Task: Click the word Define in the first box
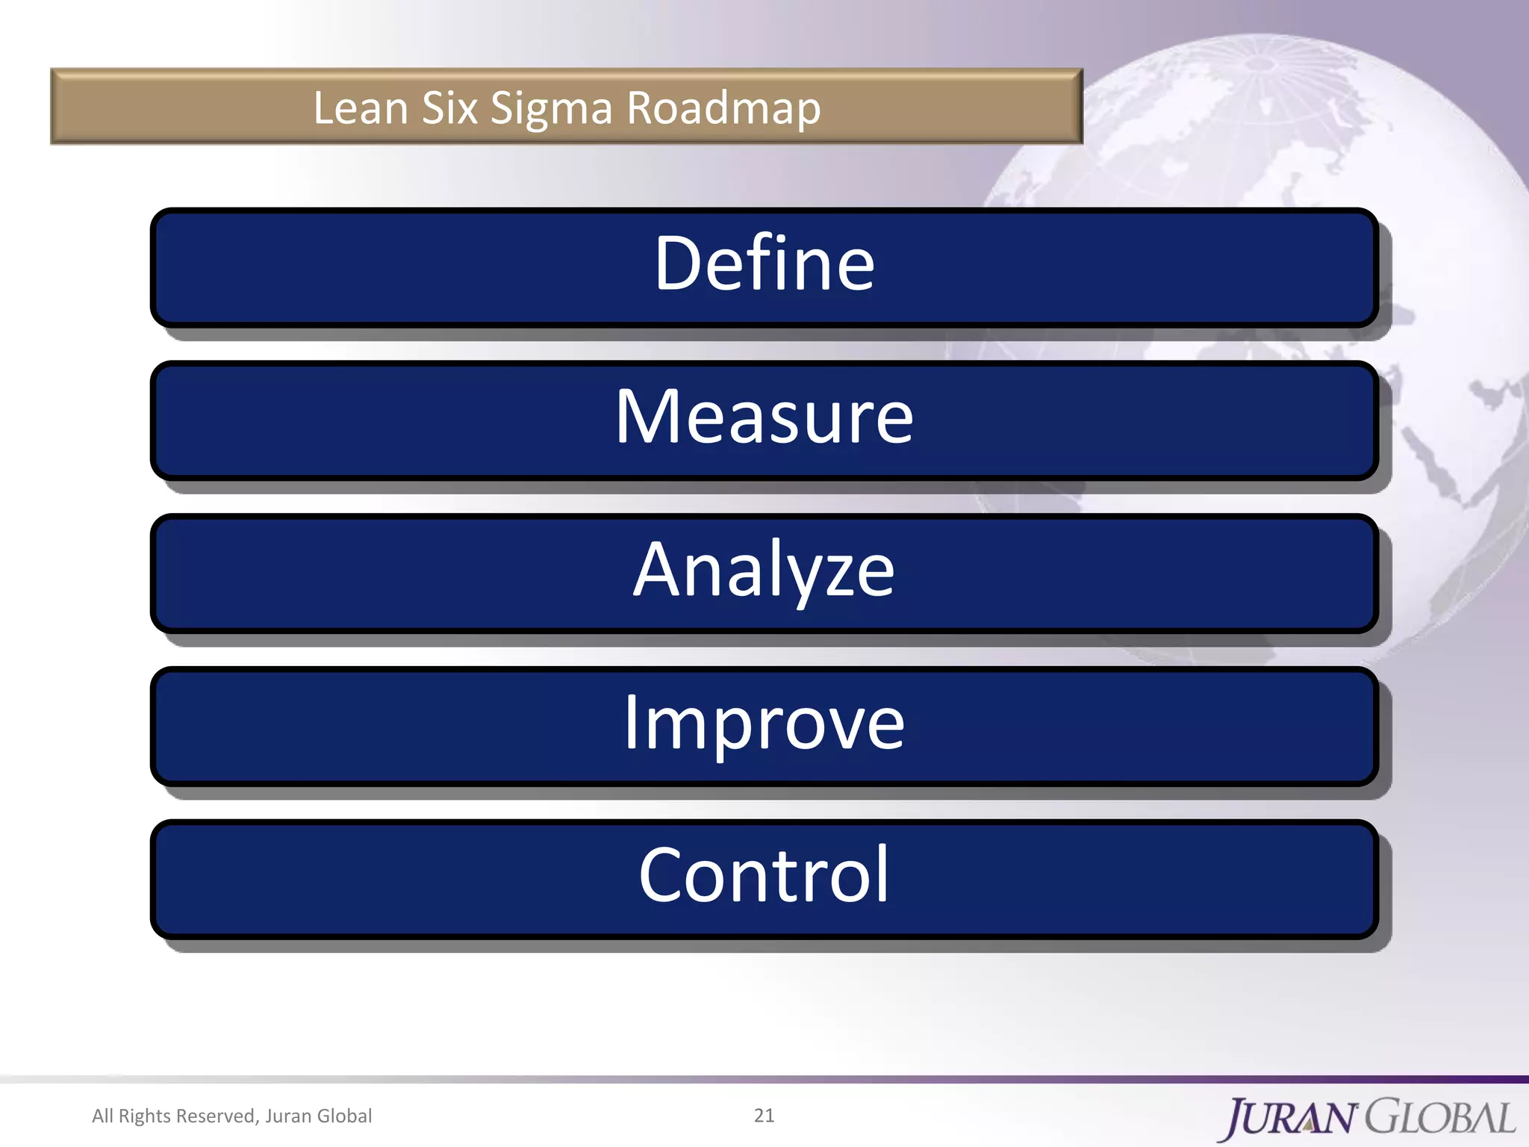point(764,264)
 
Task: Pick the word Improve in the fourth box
point(764,723)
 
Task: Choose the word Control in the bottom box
point(764,875)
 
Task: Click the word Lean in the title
point(360,108)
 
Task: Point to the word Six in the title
point(449,108)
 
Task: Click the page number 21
point(764,1115)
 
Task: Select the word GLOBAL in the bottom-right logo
point(1441,1118)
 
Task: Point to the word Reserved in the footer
point(217,1116)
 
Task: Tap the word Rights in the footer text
point(145,1116)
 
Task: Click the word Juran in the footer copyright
point(288,1116)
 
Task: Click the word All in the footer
point(102,1116)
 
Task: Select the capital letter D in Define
point(678,264)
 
